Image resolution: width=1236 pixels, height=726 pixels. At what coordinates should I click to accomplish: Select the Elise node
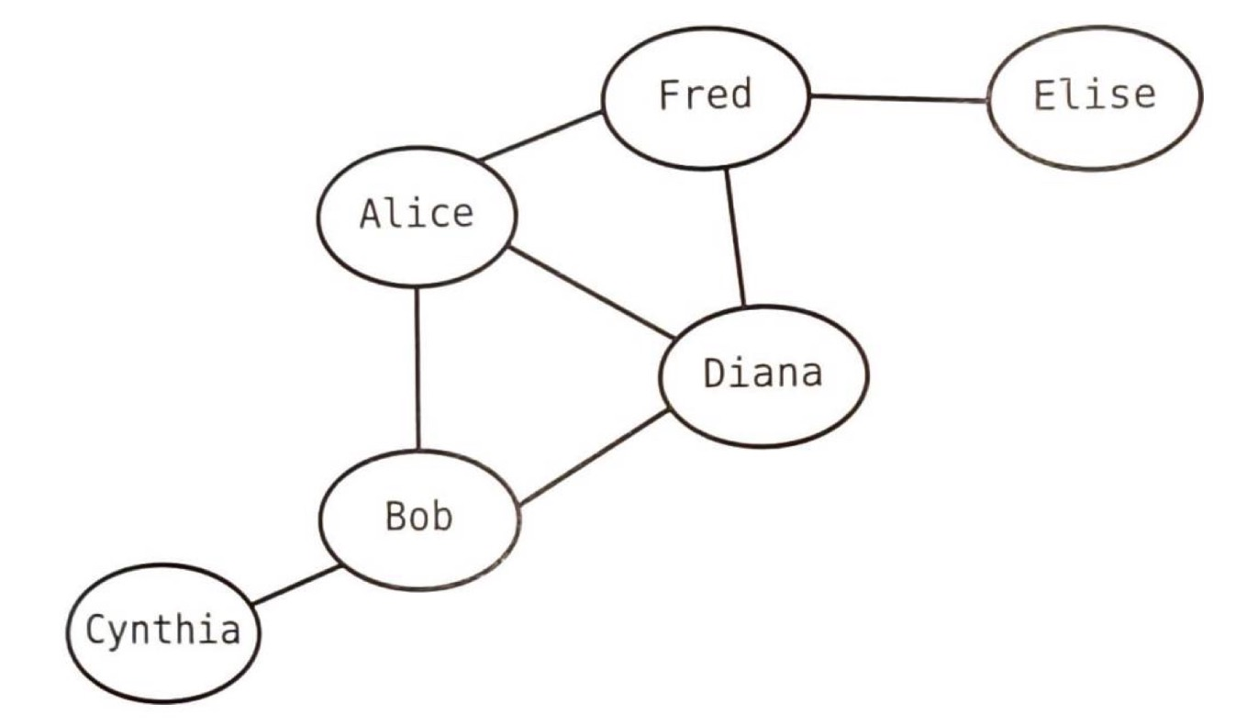coord(1094,96)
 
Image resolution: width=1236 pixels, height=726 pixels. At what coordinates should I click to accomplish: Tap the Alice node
coord(417,216)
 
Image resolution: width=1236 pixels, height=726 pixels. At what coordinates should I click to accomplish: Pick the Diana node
coord(763,375)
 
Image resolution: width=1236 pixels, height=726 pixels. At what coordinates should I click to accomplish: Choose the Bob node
coord(418,519)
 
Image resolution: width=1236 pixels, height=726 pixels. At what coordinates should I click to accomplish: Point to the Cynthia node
coord(163,632)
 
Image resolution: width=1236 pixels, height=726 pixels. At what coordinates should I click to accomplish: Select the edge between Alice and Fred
coord(541,136)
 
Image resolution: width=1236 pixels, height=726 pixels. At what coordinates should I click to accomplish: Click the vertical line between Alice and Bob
coord(418,367)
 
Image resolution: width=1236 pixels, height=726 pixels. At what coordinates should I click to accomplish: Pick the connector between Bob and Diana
coord(591,459)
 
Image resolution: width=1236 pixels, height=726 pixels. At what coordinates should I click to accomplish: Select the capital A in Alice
coord(370,215)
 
